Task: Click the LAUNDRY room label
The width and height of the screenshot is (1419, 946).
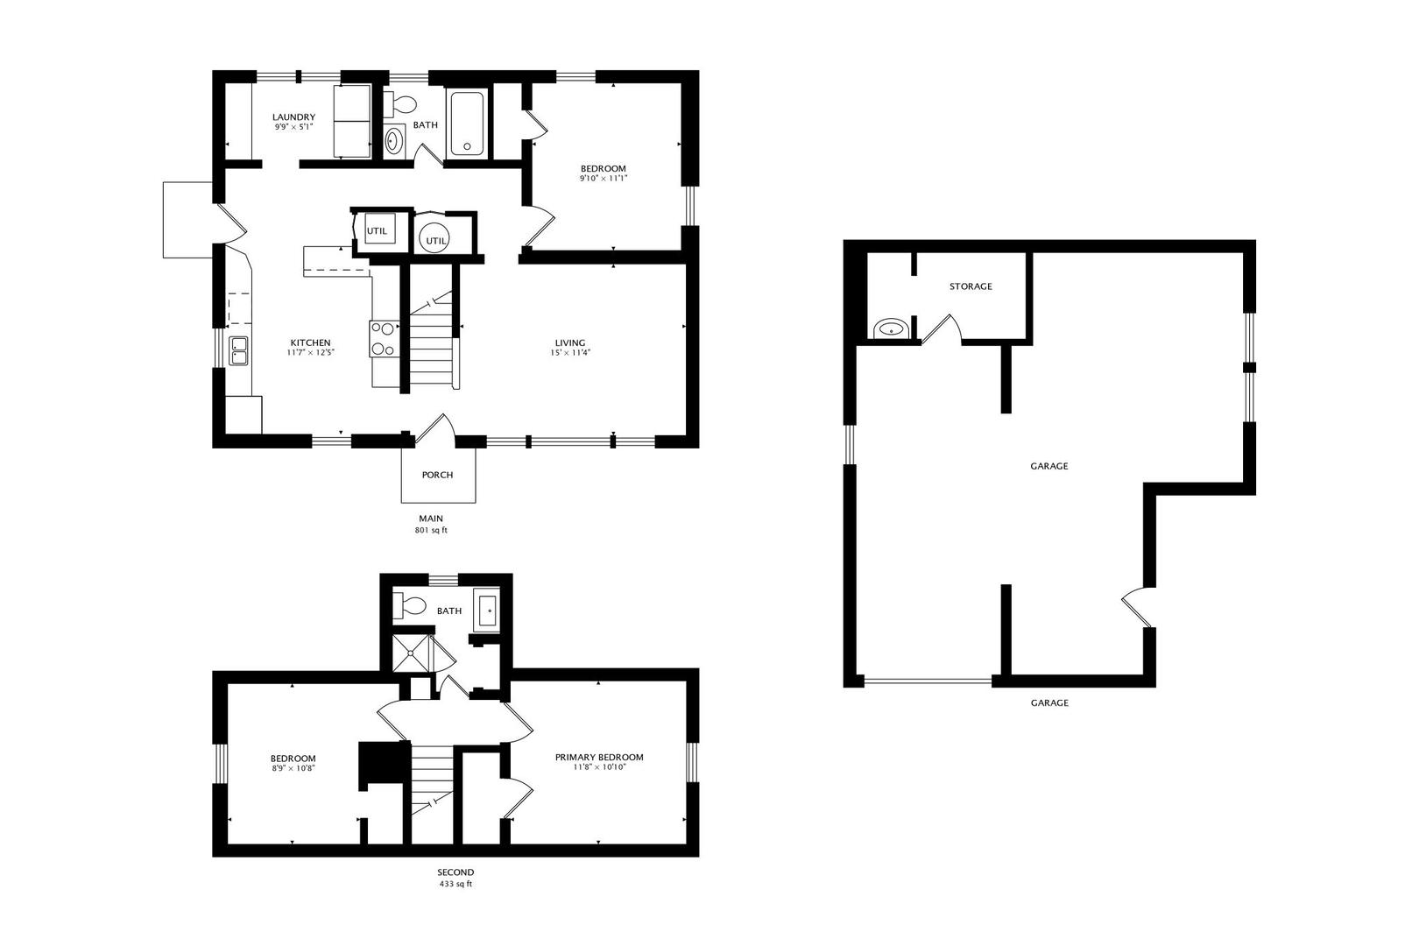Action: [294, 116]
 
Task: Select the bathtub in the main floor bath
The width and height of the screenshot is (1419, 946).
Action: [468, 124]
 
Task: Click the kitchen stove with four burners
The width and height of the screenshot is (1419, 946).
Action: [385, 338]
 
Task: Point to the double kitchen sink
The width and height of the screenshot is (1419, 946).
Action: [239, 350]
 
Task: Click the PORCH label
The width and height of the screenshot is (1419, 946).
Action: [438, 475]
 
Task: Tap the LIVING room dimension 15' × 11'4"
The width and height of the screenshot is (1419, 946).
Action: [570, 353]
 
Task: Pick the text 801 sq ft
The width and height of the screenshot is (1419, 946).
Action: [432, 530]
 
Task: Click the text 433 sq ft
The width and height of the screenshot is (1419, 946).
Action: [456, 884]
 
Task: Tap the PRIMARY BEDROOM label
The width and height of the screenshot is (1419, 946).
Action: [599, 757]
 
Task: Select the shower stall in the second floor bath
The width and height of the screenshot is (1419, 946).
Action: [411, 652]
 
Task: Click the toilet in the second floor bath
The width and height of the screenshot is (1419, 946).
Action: [408, 606]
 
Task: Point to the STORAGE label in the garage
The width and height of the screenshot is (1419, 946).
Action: [971, 286]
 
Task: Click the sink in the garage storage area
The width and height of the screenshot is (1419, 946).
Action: [891, 329]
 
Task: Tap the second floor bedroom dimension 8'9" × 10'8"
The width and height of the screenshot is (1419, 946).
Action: [293, 768]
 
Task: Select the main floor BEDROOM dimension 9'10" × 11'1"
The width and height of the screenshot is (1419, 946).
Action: [604, 179]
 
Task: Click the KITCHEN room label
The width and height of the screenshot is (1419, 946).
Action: [310, 342]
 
